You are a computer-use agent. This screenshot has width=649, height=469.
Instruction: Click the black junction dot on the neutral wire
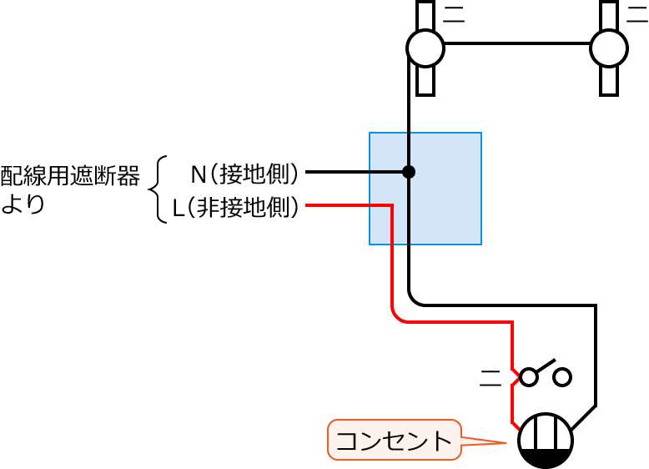[x=408, y=172]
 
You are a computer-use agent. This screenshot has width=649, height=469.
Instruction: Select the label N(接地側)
[x=244, y=174]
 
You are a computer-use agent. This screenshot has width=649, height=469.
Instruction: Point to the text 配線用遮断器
[x=70, y=175]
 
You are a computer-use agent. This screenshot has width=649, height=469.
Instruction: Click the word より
[x=23, y=204]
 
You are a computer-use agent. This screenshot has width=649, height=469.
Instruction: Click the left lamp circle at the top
[x=425, y=48]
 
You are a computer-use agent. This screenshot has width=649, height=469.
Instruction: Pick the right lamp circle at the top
[x=609, y=48]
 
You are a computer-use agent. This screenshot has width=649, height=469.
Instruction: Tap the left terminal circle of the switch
[x=529, y=377]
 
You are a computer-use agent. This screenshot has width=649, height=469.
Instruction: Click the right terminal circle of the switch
[x=563, y=377]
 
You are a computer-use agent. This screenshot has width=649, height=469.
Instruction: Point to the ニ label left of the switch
[x=491, y=378]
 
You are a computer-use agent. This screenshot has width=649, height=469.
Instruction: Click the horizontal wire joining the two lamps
[x=517, y=43]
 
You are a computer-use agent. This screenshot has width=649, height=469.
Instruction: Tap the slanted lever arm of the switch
[x=545, y=367]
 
